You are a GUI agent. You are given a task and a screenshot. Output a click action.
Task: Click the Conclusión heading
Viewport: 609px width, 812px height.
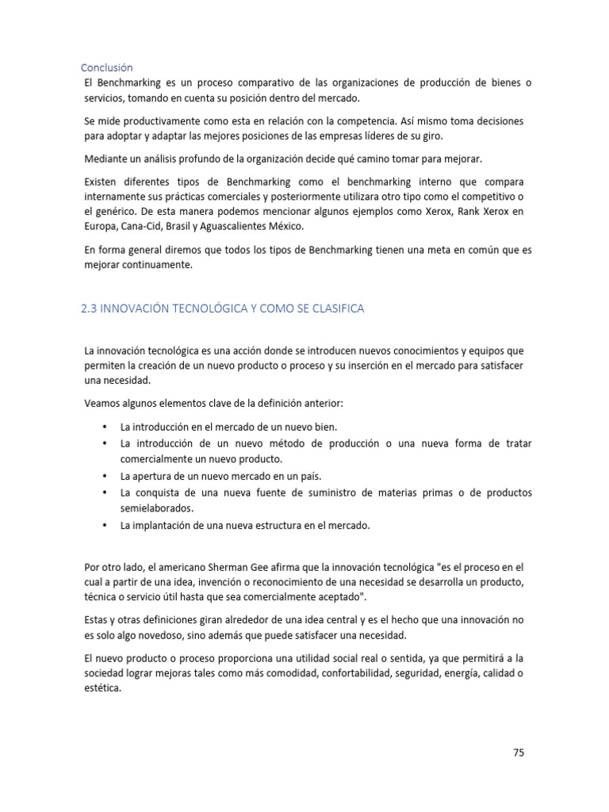pyautogui.click(x=107, y=67)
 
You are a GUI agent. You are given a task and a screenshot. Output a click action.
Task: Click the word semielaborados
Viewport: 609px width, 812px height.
pyautogui.click(x=156, y=508)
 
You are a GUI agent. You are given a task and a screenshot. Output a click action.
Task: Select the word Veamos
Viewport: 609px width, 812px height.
pyautogui.click(x=103, y=403)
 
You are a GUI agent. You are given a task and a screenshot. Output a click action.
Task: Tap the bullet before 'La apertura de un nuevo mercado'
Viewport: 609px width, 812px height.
pyautogui.click(x=104, y=477)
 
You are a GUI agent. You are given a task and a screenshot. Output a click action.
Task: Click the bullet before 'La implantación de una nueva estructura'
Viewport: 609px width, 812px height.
pyautogui.click(x=104, y=525)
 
